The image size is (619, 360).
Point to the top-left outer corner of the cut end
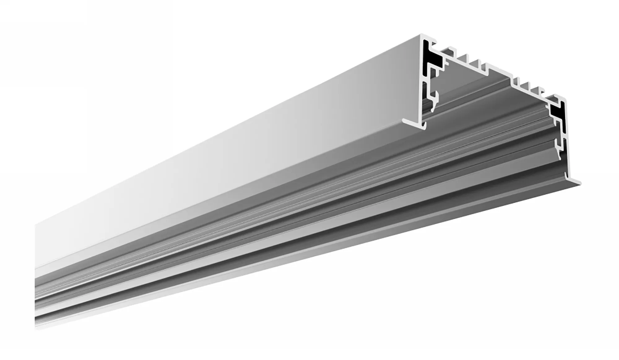422,35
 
